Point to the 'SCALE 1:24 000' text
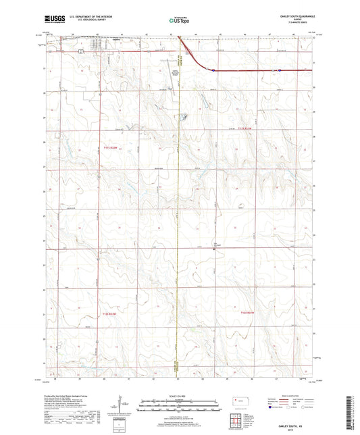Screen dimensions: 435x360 click(180, 396)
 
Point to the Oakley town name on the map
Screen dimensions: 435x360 click(115, 39)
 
